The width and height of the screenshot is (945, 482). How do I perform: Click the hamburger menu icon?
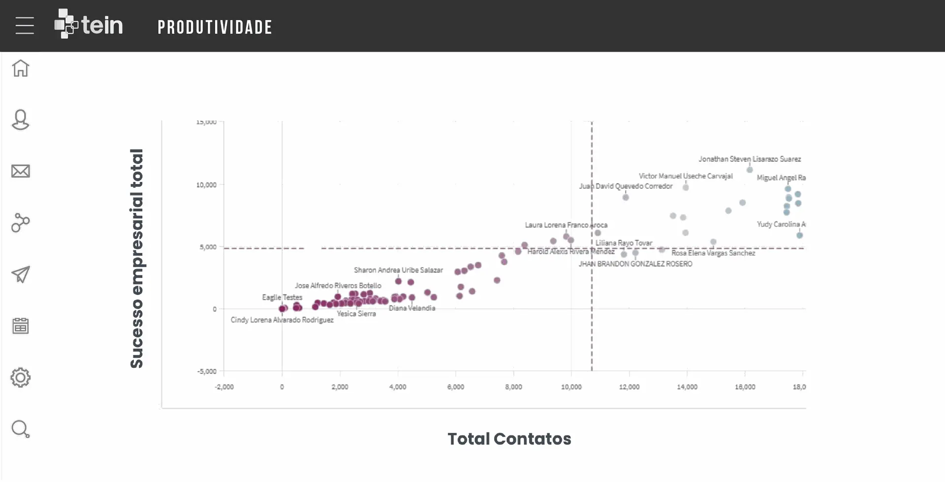[x=25, y=26]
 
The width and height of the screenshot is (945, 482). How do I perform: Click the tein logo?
[x=89, y=24]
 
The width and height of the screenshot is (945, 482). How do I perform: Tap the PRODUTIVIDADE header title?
[x=215, y=28]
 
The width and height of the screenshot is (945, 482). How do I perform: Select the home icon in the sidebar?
[x=21, y=68]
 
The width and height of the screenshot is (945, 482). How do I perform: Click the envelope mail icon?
[x=21, y=171]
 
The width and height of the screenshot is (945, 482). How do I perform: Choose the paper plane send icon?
[x=21, y=274]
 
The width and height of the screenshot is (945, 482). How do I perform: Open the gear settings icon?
[x=21, y=378]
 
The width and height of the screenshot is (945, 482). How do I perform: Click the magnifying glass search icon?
[x=21, y=429]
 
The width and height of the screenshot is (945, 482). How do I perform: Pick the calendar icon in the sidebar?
[x=21, y=326]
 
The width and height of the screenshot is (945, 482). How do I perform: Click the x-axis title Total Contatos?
[x=509, y=439]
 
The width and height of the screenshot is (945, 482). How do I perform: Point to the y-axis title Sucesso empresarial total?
[x=136, y=258]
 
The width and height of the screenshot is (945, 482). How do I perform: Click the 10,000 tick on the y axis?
[x=206, y=185]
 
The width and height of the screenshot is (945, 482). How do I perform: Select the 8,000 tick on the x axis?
[x=513, y=387]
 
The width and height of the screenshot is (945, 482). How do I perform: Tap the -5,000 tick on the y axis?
[x=207, y=371]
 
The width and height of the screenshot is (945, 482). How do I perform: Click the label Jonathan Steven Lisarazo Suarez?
[x=749, y=159]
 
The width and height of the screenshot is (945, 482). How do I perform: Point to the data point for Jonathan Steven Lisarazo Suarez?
[x=750, y=170]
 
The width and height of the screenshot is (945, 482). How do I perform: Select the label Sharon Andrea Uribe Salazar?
[x=398, y=270]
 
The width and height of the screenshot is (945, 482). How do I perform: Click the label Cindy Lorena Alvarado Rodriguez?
[x=282, y=320]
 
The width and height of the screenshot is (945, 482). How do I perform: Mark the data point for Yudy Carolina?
[x=800, y=235]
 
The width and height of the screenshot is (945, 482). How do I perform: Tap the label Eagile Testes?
[x=282, y=297]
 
